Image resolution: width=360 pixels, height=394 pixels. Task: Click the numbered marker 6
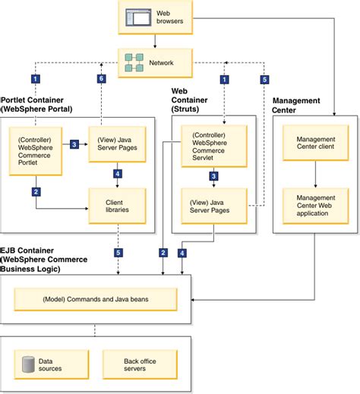101,78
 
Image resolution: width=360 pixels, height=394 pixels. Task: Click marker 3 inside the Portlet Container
74,144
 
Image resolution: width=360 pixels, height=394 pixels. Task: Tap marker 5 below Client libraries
116,251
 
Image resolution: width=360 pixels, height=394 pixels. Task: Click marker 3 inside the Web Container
213,176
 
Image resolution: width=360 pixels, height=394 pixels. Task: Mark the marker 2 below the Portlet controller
36,191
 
